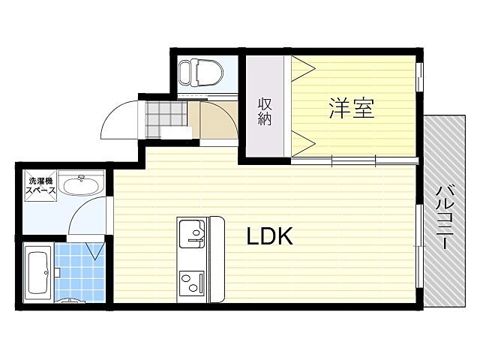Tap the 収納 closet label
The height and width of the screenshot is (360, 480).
(265, 112)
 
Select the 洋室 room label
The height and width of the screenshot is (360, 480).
(351, 109)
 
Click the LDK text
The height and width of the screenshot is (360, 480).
(269, 236)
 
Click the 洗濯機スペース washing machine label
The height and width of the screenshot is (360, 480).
(41, 186)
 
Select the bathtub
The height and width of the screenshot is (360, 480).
(37, 271)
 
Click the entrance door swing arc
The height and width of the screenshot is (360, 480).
(118, 120)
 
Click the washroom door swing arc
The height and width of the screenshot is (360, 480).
(86, 217)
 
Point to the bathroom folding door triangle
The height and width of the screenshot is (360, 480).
(95, 249)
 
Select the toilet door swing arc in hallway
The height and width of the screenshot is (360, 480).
(219, 120)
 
